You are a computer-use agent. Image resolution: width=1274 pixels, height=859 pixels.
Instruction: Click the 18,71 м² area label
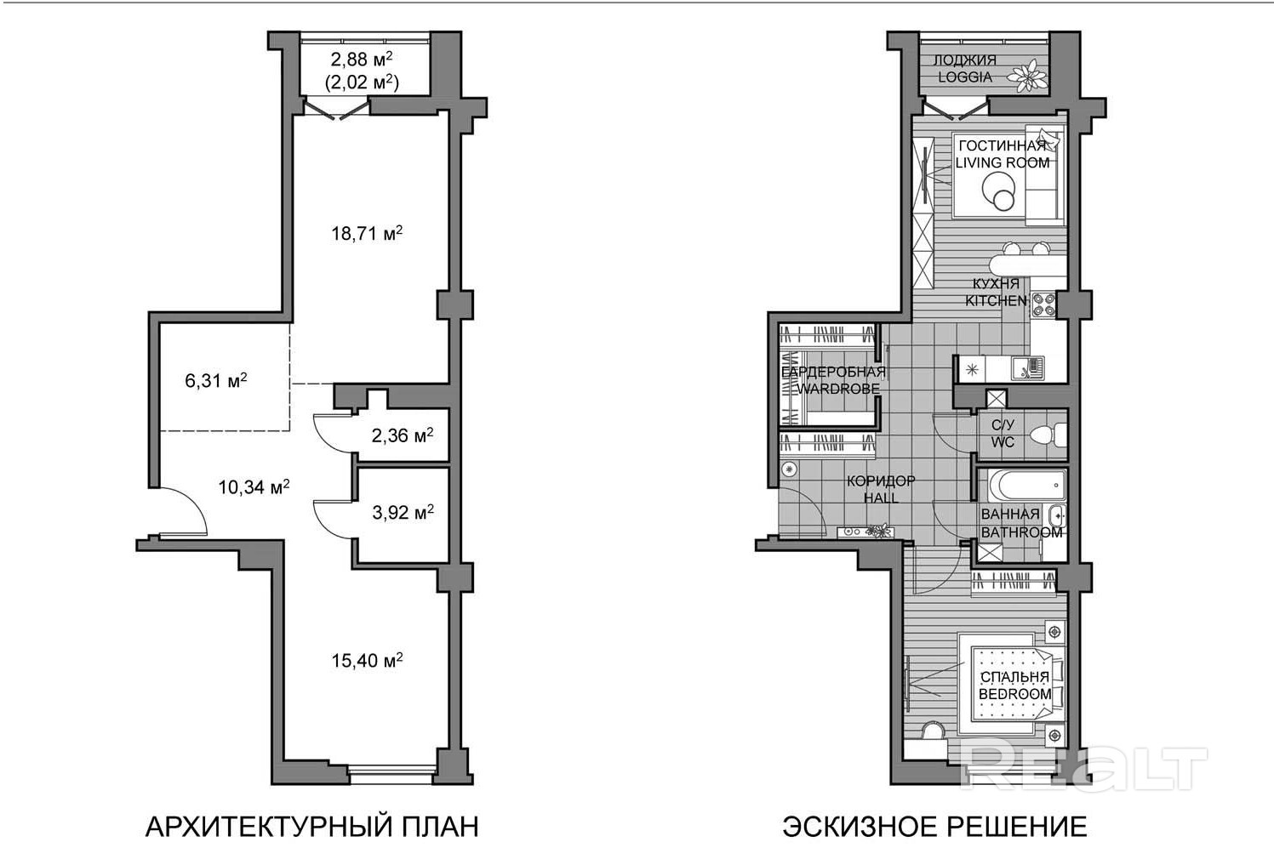click(367, 233)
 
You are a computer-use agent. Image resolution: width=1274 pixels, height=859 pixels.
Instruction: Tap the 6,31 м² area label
click(216, 380)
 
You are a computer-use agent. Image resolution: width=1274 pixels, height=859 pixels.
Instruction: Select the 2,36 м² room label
click(403, 435)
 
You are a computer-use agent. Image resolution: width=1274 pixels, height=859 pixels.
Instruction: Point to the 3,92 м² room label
click(403, 512)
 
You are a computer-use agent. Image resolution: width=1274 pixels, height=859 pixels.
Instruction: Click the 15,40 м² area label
click(367, 660)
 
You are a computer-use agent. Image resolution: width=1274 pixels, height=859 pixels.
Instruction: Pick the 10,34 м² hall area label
click(254, 486)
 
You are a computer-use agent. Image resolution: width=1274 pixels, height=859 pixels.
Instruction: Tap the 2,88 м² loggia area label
click(362, 59)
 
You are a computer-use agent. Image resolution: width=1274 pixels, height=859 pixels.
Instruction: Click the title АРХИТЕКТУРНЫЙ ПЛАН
click(311, 828)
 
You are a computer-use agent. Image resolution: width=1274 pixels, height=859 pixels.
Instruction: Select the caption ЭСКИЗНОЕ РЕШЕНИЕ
click(934, 828)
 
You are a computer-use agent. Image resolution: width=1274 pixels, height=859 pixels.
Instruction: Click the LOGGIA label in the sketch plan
click(964, 77)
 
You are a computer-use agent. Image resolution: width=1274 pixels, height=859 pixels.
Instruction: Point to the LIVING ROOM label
click(1003, 162)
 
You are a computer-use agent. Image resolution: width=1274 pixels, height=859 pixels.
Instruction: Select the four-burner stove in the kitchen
click(1043, 304)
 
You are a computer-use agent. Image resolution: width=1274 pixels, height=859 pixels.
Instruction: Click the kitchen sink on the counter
click(1028, 367)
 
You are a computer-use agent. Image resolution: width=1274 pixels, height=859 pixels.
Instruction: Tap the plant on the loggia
click(1027, 77)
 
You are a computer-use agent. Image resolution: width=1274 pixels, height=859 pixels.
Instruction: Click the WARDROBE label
click(837, 389)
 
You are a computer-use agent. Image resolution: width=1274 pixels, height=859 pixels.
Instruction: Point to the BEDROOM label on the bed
click(1014, 694)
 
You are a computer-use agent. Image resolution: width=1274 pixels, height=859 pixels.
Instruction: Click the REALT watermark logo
click(1083, 764)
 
